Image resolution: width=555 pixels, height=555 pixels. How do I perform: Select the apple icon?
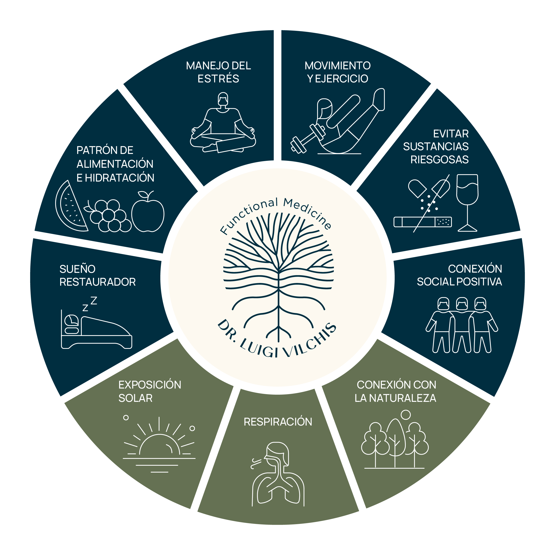point(148,212)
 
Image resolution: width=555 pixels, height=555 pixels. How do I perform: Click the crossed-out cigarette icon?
point(423,222)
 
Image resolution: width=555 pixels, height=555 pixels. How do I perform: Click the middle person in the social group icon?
point(462,325)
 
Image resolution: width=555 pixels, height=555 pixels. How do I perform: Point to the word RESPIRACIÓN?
point(278,422)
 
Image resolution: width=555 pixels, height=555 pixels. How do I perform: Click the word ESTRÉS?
point(218,78)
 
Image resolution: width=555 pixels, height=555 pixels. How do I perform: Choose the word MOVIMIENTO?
point(337,66)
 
